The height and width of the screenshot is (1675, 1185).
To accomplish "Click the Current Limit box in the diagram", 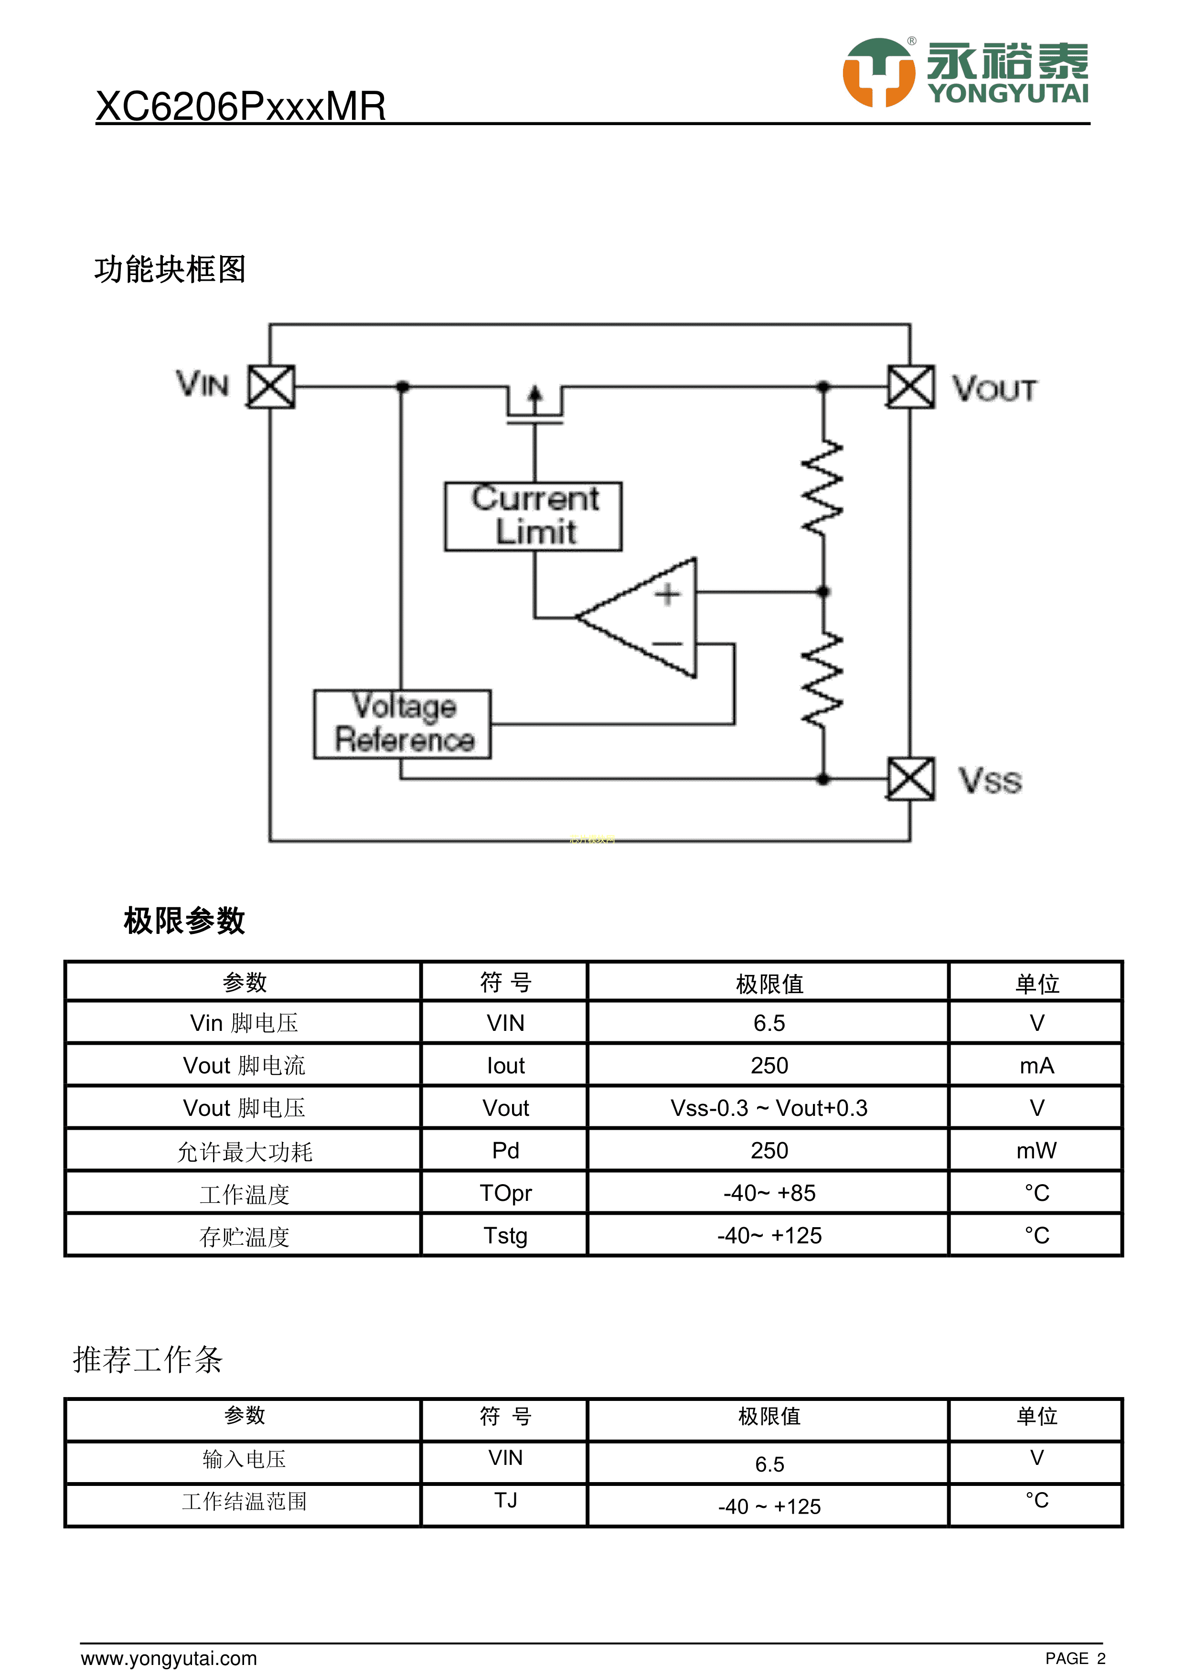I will (534, 516).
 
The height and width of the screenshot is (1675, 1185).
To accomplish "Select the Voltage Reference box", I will (402, 724).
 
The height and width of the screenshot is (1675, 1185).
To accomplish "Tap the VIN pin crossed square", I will (271, 387).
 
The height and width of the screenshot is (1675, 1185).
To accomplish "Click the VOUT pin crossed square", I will (911, 387).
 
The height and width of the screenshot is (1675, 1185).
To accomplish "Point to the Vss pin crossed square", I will (911, 779).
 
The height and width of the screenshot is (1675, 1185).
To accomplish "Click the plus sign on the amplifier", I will (667, 594).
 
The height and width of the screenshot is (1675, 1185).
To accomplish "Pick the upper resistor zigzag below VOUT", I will (823, 488).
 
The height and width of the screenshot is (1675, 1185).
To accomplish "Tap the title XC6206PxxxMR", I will (240, 106).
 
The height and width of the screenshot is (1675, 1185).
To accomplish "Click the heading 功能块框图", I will (170, 269).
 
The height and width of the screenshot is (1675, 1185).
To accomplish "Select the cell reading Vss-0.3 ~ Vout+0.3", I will (769, 1108).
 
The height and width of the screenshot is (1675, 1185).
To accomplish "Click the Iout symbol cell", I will (505, 1066).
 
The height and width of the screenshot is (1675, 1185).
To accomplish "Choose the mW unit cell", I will (1036, 1150).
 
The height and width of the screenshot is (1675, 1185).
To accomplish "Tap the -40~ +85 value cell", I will (769, 1193).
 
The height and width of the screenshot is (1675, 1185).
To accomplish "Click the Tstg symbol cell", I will (505, 1235).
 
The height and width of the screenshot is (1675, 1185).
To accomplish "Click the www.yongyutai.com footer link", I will (169, 1658).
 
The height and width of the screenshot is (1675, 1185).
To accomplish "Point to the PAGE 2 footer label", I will (1075, 1658).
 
